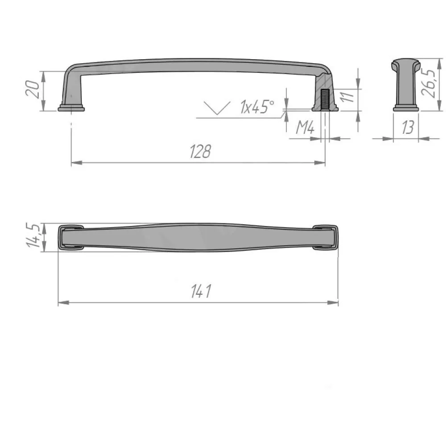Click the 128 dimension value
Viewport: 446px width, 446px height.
pyautogui.click(x=200, y=151)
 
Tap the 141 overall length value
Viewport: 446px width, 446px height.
pyautogui.click(x=201, y=291)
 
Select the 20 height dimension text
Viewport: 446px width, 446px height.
pyautogui.click(x=33, y=89)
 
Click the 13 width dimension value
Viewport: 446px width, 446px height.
pyautogui.click(x=408, y=127)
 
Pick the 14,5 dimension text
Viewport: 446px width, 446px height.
pyautogui.click(x=33, y=235)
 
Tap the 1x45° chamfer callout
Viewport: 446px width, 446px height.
pyautogui.click(x=257, y=107)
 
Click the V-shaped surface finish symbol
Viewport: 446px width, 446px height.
pyautogui.click(x=217, y=108)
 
